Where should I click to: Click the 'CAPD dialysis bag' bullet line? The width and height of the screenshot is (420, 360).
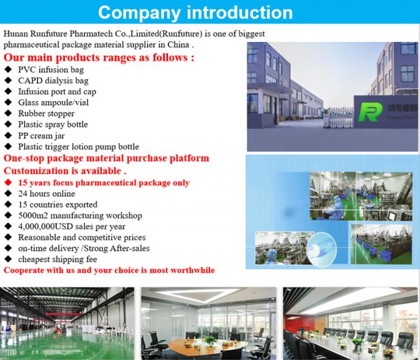point(53,80)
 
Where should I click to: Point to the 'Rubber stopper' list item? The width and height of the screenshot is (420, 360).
point(46,114)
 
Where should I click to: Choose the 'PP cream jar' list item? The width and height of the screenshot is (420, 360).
point(44,135)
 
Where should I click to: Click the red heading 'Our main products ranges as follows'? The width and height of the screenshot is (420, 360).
point(99,57)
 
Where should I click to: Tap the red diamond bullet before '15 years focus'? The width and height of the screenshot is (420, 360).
point(7,183)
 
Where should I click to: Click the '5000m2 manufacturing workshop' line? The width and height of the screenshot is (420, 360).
point(80,216)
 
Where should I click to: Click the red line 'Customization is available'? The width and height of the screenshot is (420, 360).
point(65,170)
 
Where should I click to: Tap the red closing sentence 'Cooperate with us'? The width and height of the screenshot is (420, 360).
point(109,270)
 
